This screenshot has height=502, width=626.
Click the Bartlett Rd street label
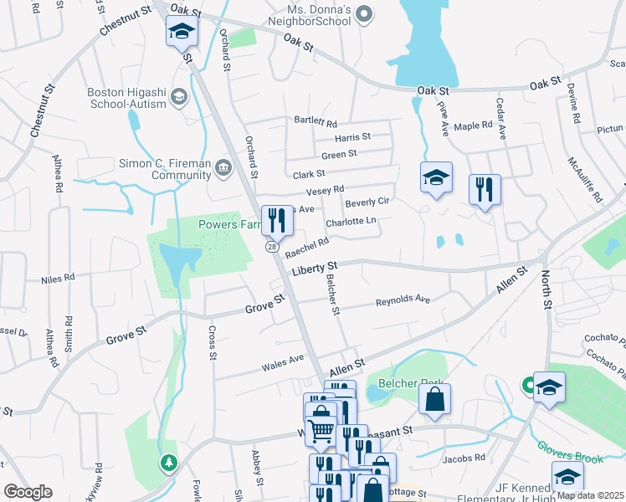click(x=315, y=121)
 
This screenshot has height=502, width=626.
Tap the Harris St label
click(x=352, y=136)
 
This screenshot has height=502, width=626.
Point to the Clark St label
click(x=309, y=174)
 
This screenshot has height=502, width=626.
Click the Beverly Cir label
click(x=368, y=202)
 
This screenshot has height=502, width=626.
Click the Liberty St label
click(x=314, y=269)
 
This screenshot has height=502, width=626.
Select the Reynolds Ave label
click(x=402, y=300)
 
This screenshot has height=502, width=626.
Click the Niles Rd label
click(x=58, y=276)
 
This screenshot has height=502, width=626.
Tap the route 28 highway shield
click(x=273, y=247)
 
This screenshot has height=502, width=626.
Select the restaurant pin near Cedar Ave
click(x=485, y=189)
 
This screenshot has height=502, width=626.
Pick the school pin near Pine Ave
click(x=436, y=177)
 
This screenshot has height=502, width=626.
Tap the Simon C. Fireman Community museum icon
click(x=223, y=167)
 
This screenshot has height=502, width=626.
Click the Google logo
click(x=28, y=492)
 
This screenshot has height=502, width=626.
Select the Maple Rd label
click(x=473, y=126)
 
